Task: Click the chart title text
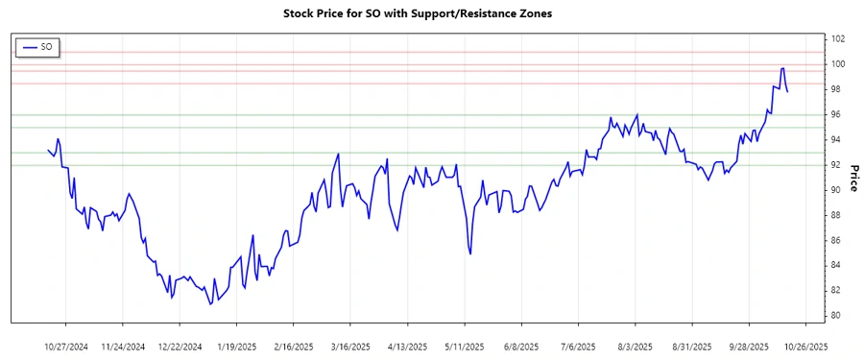coord(419,14)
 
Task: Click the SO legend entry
coord(38,46)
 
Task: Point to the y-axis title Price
coord(852,178)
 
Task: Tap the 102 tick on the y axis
coord(837,39)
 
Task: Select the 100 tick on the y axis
coord(837,64)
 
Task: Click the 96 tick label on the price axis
coord(837,115)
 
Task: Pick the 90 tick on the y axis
coord(837,190)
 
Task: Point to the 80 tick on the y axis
coord(837,316)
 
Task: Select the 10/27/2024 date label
coord(66,346)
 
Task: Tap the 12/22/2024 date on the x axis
coord(180,346)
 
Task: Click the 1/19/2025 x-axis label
coord(236,346)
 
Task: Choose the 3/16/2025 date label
coord(349,346)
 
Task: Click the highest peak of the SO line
coord(782,68)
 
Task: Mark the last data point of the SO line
coord(788,92)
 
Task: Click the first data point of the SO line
coord(48,149)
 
